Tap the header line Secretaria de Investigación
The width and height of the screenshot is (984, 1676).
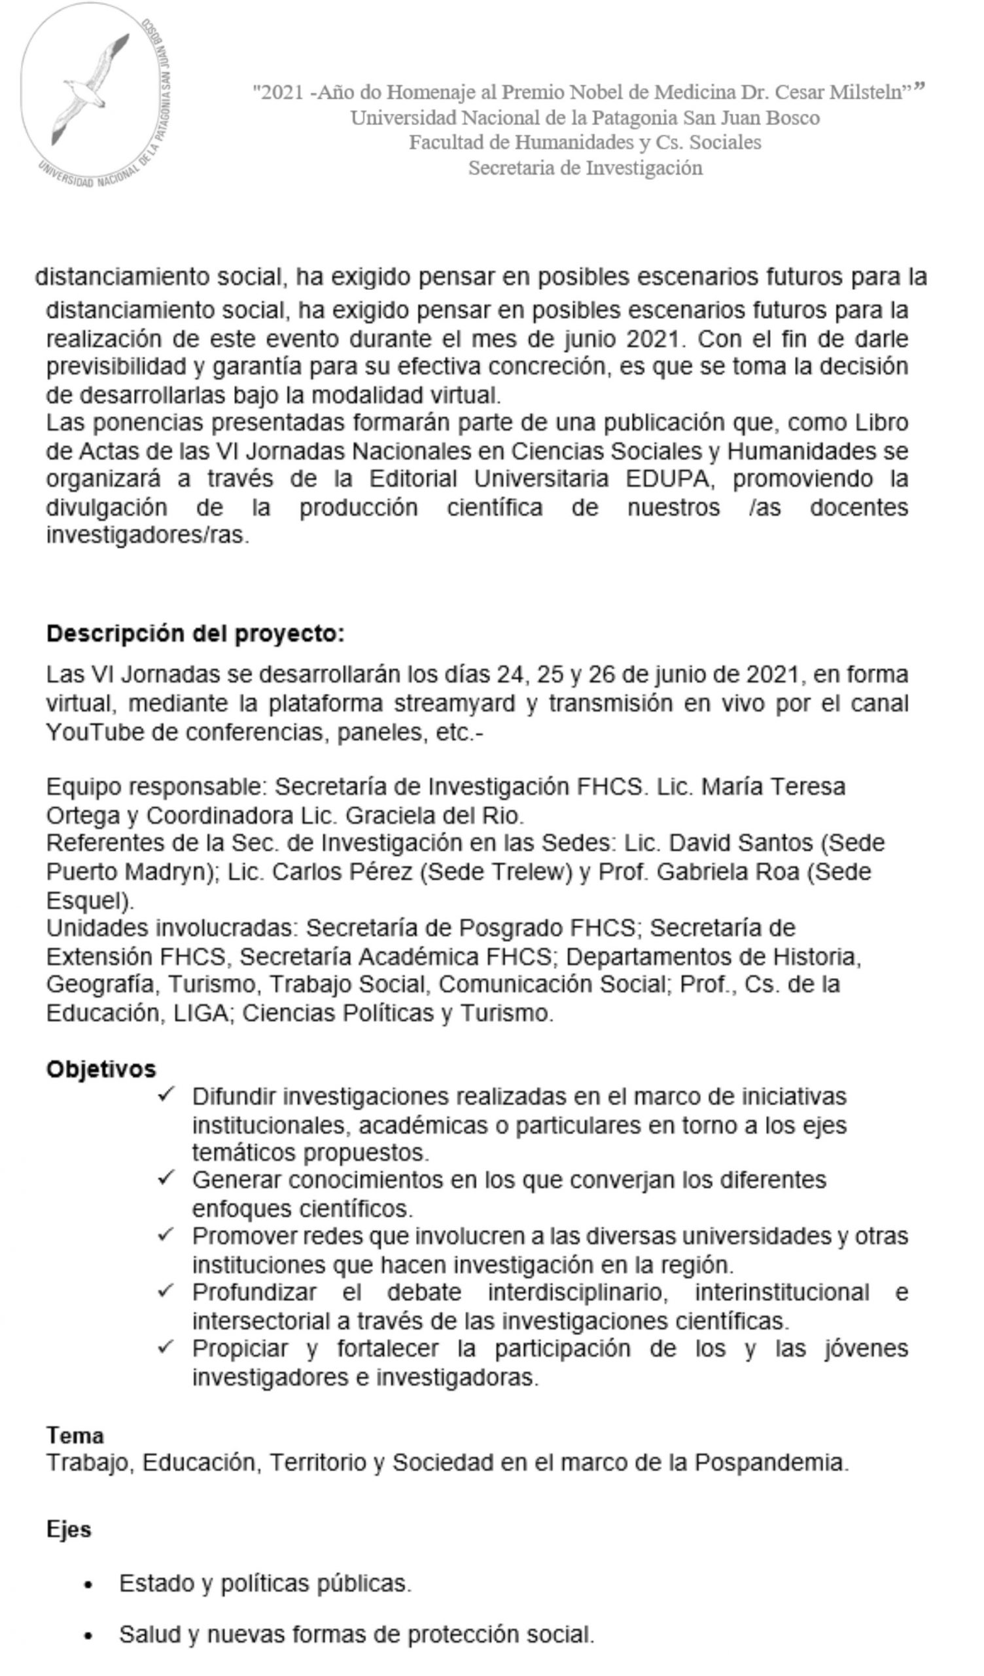[x=585, y=168]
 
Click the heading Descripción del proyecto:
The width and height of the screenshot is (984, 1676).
[x=196, y=634]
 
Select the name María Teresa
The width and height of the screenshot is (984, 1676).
[x=773, y=787]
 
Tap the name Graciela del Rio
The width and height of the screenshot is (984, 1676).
[x=435, y=815]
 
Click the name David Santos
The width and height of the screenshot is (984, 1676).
[x=740, y=843]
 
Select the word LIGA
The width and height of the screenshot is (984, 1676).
[x=200, y=1013]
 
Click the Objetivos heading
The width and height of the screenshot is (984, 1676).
[x=101, y=1070]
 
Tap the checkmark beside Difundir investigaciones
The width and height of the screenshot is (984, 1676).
[x=166, y=1095]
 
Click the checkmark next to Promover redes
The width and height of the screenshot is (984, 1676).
[x=166, y=1235]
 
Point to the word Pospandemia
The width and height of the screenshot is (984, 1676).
[x=771, y=1463]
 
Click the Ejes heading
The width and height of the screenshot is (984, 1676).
[x=69, y=1530]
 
